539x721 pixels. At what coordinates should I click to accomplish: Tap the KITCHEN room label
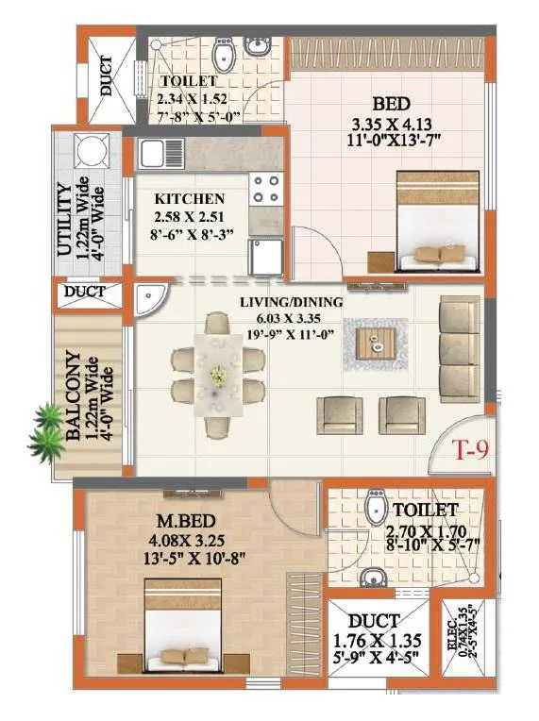click(190, 199)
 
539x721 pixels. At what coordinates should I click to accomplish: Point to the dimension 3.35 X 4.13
click(384, 125)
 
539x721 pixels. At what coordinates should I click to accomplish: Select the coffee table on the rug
click(377, 344)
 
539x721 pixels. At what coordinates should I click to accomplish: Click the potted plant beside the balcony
click(45, 428)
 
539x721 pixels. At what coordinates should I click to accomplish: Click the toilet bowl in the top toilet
click(224, 59)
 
